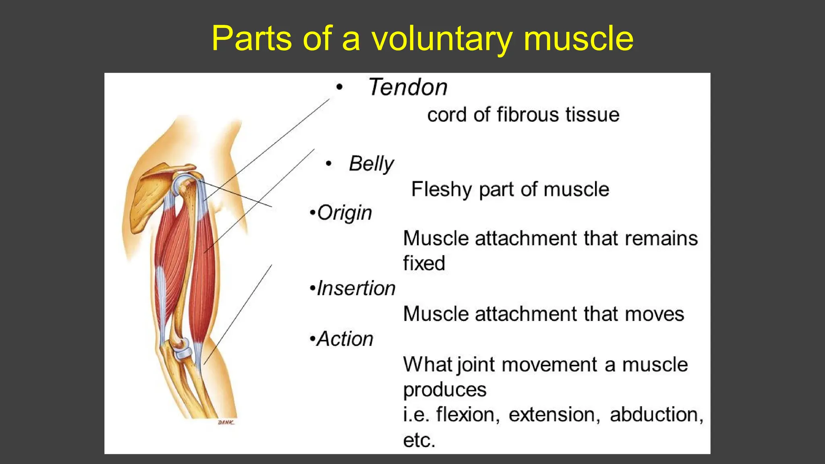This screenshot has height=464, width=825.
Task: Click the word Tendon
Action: (408, 87)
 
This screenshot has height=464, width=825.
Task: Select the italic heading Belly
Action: (371, 164)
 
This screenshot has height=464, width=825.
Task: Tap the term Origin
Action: (344, 213)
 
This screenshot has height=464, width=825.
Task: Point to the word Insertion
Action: (356, 289)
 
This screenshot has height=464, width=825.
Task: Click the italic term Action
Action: (345, 339)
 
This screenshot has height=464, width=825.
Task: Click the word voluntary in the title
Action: (442, 39)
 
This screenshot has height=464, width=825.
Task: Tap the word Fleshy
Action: (441, 190)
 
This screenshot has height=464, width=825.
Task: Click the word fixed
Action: (424, 263)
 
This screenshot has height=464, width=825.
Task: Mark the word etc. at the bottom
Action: (419, 440)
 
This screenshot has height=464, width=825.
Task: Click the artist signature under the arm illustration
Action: (226, 423)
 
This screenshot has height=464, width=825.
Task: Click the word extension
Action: (554, 415)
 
